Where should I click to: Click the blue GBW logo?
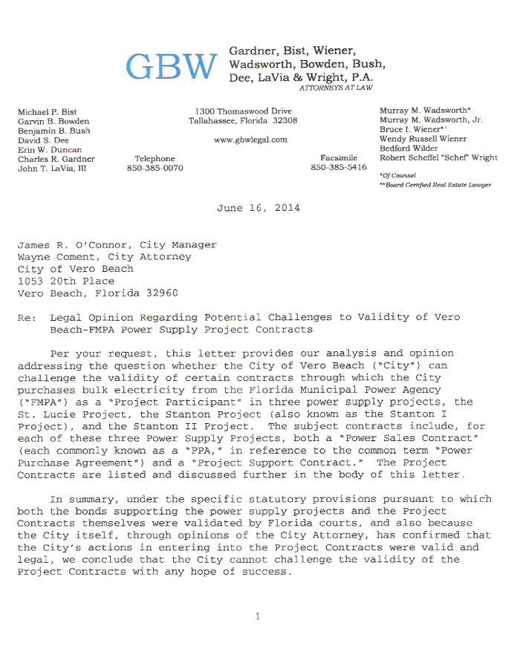[171, 67]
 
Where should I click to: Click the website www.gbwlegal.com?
[250, 140]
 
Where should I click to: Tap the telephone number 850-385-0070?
[155, 169]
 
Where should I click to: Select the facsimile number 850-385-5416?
[339, 168]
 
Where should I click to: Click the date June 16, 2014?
[259, 208]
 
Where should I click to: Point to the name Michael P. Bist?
[48, 111]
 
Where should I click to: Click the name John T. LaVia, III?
[52, 169]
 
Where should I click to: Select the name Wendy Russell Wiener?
[423, 139]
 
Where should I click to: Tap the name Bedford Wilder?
[409, 149]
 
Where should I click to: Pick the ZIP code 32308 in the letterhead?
[285, 120]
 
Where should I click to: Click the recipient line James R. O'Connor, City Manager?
[117, 244]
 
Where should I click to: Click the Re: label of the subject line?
[26, 317]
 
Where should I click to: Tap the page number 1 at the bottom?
[258, 616]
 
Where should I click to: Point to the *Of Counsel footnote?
[397, 175]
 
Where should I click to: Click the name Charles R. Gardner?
[56, 159]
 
